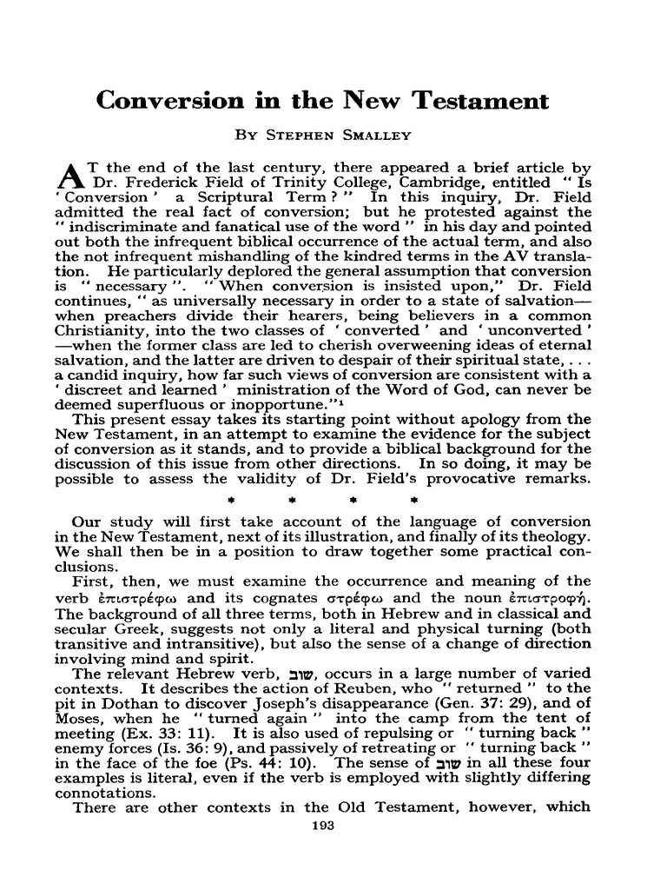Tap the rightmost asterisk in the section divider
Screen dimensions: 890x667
click(x=414, y=502)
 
